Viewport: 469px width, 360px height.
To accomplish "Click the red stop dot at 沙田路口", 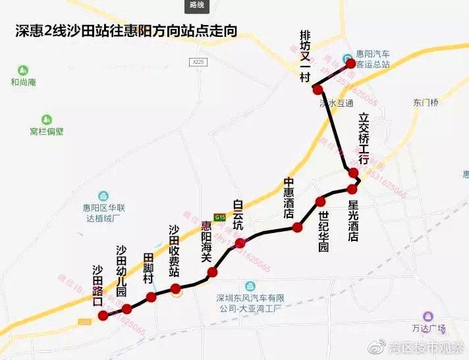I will point(103,316).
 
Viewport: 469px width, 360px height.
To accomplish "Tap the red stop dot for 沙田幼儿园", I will point(127,308).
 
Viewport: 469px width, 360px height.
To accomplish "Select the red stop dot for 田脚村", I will point(152,297).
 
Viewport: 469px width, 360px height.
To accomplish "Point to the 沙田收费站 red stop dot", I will point(175,288).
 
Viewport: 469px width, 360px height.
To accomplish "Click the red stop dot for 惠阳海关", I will point(212,272).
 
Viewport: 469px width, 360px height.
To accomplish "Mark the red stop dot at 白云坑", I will point(240,242).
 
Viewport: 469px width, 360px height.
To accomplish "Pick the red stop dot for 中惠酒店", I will point(297,227).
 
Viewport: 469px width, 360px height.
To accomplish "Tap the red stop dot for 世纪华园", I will point(321,201).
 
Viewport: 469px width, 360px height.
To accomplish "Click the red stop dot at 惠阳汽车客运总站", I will point(350,64).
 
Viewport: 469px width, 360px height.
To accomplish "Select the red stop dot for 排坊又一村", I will point(317,89).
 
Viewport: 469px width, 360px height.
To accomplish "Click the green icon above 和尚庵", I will point(23,70).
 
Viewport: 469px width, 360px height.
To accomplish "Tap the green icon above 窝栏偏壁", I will point(46,120).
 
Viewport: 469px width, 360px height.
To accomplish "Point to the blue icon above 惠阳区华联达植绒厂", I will point(103,195).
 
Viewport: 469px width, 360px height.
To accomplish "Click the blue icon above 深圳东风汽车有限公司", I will point(250,286).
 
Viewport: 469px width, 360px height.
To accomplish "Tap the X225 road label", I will point(197,61).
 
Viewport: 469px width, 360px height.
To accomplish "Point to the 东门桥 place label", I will point(426,103).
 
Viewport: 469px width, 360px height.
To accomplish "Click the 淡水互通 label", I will point(337,103).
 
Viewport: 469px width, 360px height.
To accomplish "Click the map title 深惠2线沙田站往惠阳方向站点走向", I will point(125,31).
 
